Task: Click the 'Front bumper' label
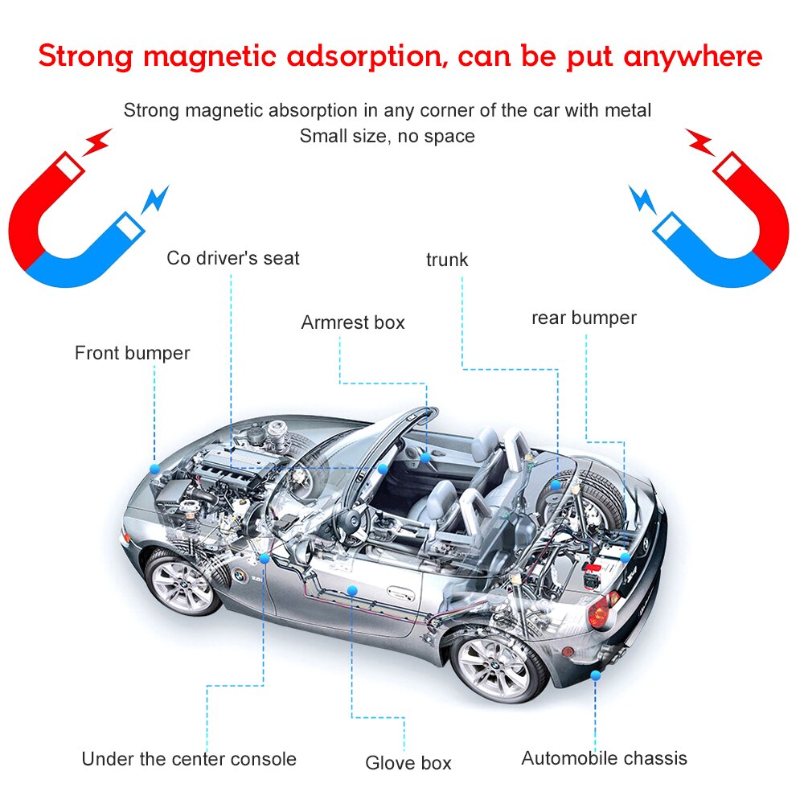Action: pos(133,353)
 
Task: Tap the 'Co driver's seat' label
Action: pos(233,258)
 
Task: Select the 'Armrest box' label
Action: pos(353,322)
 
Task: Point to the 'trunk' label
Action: pos(447,260)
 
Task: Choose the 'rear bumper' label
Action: pos(584,318)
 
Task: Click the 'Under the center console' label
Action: pos(189,759)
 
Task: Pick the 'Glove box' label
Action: pos(408,763)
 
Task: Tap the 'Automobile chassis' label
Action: pos(604,758)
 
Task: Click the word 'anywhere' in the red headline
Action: pos(693,55)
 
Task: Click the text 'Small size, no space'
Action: pos(388,136)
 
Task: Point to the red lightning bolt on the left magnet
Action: pos(97,142)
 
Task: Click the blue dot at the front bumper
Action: pos(154,469)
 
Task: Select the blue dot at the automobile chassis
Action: pos(595,676)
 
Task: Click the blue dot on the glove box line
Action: pos(352,591)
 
